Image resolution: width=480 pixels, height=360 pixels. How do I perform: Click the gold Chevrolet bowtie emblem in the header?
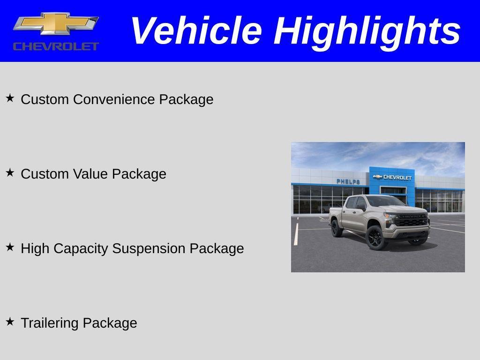pos(56,24)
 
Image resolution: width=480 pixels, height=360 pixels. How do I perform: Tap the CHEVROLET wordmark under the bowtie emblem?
pos(56,46)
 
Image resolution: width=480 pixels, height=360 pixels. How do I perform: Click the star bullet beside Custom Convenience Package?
pos(10,98)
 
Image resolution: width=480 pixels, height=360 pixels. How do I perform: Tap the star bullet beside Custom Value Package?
pos(10,172)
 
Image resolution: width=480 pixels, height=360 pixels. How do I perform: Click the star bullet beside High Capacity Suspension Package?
pos(10,247)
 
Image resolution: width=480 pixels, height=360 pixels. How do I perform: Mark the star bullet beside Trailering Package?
pos(10,322)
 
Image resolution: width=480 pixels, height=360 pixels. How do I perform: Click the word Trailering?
pos(50,323)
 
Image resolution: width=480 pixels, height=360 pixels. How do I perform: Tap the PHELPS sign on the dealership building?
pos(348,181)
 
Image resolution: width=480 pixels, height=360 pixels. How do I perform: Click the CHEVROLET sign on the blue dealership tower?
pos(393,177)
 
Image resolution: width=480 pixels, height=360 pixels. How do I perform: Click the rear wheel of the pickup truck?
pos(337,228)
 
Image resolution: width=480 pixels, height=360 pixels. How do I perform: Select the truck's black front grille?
pos(411,220)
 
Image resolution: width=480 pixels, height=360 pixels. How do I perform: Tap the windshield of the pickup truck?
pos(384,202)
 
